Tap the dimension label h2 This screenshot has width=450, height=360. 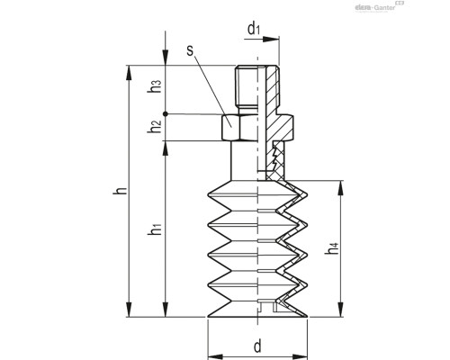coord(154,128)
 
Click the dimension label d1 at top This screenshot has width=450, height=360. coord(254,28)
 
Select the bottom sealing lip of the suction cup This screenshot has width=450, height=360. coord(256,310)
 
